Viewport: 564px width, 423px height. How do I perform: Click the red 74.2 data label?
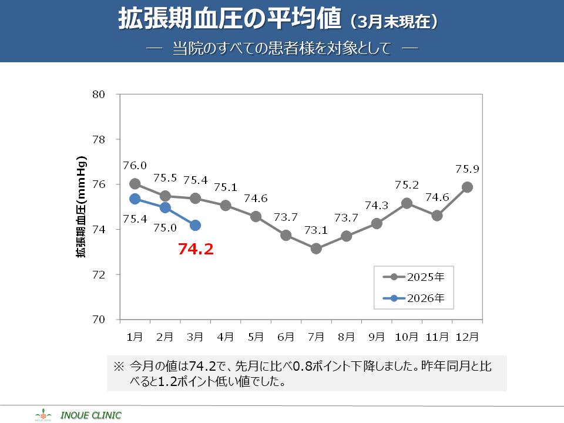196,249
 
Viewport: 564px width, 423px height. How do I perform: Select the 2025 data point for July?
316,249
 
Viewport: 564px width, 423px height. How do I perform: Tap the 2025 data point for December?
467,187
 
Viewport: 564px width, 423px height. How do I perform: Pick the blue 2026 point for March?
195,225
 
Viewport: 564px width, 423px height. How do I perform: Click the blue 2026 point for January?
135,199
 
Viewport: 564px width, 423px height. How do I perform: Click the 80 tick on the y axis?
98,94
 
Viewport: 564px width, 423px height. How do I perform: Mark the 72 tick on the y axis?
98,274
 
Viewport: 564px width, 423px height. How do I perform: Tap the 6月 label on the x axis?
286,337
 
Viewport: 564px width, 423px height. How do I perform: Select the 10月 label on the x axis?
407,337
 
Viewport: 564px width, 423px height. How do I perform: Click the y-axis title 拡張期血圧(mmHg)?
81,207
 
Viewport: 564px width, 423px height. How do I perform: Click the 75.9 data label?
467,169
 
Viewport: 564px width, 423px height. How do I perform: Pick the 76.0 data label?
135,166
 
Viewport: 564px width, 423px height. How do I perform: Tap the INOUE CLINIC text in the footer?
91,415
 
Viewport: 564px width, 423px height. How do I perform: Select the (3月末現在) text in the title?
394,22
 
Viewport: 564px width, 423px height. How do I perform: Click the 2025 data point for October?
407,203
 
